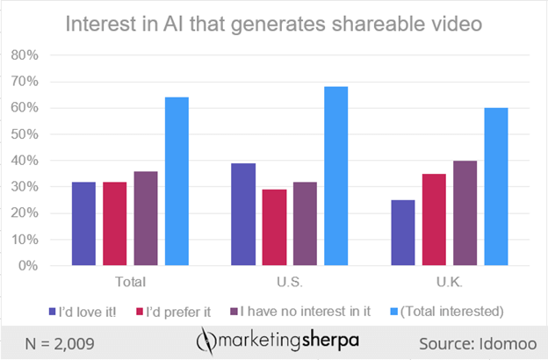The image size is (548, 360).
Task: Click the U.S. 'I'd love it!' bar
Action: pos(243,214)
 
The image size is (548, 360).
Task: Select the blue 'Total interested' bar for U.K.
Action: pos(496,186)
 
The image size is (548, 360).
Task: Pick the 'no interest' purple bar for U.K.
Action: pos(465,212)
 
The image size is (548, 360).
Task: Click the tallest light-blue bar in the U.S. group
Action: pos(338,176)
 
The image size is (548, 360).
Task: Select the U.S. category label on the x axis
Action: pos(291,282)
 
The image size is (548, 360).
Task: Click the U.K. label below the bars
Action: pos(449,282)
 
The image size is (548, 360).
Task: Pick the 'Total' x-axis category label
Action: pos(132,282)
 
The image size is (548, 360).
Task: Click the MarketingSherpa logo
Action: pos(274,339)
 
